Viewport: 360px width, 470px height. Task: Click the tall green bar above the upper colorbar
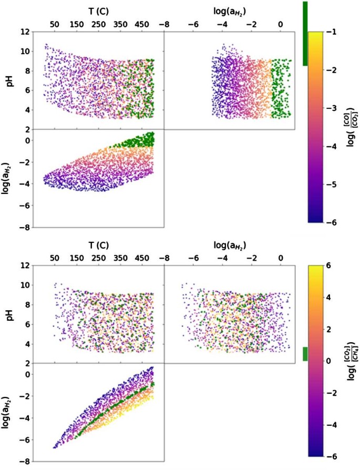click(305, 33)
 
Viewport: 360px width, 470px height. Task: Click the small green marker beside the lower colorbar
click(305, 354)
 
